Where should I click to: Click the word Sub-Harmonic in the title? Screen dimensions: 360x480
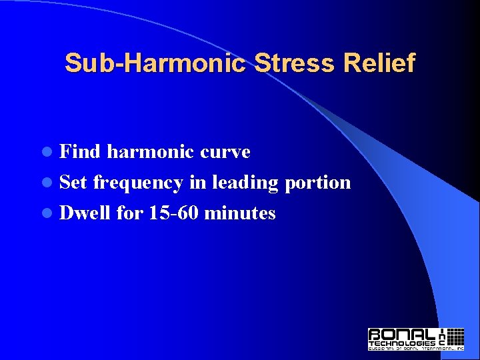point(156,63)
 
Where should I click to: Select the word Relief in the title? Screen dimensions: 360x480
point(380,63)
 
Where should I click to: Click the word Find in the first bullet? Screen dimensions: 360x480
point(80,152)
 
